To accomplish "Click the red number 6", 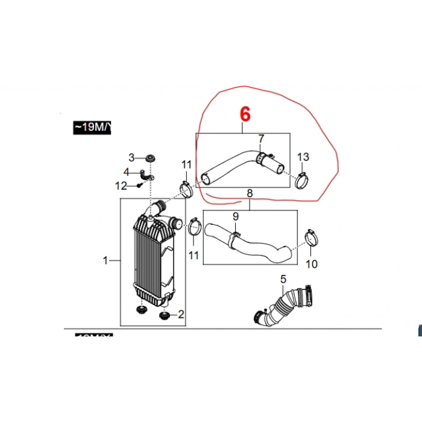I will [244, 114].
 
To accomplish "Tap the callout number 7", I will [261, 139].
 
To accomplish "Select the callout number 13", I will [303, 157].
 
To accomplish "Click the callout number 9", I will [236, 216].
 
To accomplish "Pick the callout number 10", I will [311, 264].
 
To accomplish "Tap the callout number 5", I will [283, 279].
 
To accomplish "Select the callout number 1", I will [105, 261].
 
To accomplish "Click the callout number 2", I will [180, 314].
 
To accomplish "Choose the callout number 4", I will [126, 172].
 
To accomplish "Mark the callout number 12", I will [121, 186].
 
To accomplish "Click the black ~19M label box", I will [92, 127].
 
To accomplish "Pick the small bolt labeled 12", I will [139, 186].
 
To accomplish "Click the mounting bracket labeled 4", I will [147, 175].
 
